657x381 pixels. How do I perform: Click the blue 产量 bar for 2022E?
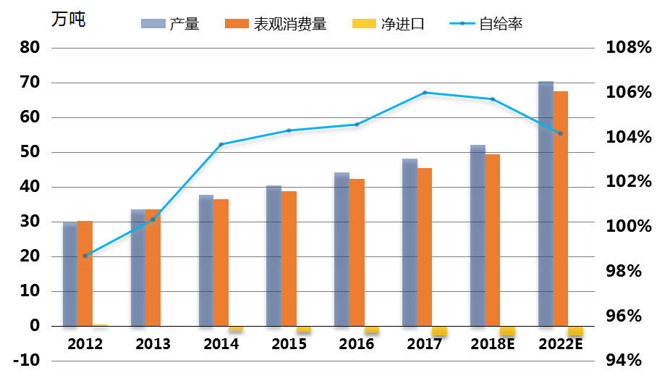coord(546,203)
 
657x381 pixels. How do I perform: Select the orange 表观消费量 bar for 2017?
coord(425,246)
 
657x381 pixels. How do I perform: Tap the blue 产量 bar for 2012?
coord(70,274)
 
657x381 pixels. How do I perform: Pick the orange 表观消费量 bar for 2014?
coord(221,262)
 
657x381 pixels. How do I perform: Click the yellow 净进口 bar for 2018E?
coord(507,330)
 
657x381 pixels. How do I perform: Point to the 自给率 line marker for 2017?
coord(425,93)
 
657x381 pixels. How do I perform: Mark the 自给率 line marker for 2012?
coord(85,256)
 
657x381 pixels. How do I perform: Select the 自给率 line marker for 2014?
coord(221,144)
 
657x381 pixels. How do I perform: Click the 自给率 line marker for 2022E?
coord(560,133)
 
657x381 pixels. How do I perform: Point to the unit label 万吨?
coord(68,20)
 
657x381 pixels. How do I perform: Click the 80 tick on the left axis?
coord(30,48)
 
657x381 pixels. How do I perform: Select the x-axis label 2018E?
coord(493,344)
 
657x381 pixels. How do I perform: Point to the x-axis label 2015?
coord(289,344)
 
